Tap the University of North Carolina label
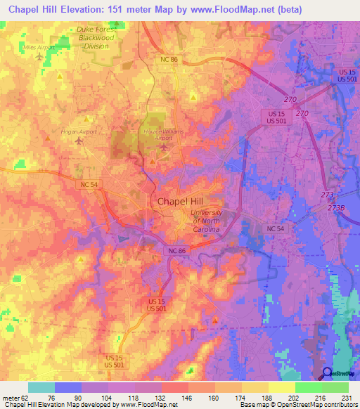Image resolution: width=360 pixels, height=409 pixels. (207, 221)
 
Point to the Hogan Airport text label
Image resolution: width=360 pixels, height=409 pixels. (79, 131)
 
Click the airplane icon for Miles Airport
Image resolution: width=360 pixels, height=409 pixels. (39, 56)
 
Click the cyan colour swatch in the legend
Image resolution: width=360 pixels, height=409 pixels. (41, 387)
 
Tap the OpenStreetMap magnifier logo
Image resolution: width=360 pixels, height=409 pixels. (328, 373)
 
